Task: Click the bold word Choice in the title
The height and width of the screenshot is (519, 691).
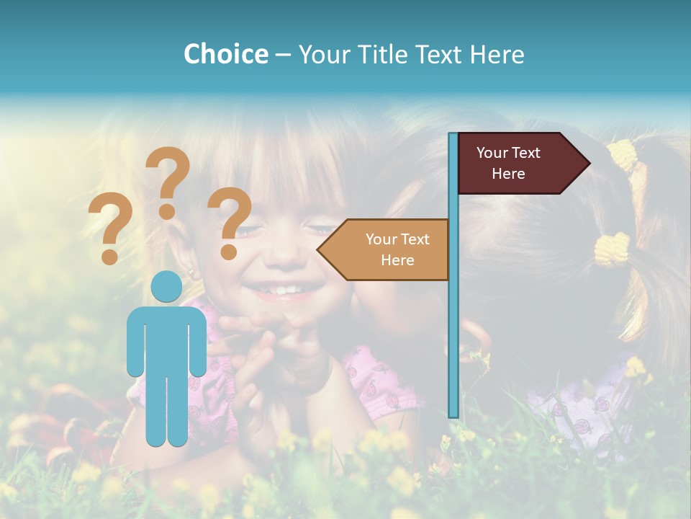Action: pyautogui.click(x=225, y=54)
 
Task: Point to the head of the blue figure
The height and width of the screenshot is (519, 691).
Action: pyautogui.click(x=167, y=287)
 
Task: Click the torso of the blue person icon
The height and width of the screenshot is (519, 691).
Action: pyautogui.click(x=167, y=339)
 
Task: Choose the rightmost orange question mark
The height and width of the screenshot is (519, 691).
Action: pyautogui.click(x=230, y=220)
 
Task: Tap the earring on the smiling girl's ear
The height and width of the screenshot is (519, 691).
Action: pyautogui.click(x=192, y=274)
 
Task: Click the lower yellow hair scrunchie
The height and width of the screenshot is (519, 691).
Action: pyautogui.click(x=613, y=249)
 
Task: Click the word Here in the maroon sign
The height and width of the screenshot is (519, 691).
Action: pyautogui.click(x=508, y=174)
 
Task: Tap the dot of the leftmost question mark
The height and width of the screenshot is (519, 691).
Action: pyautogui.click(x=109, y=256)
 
